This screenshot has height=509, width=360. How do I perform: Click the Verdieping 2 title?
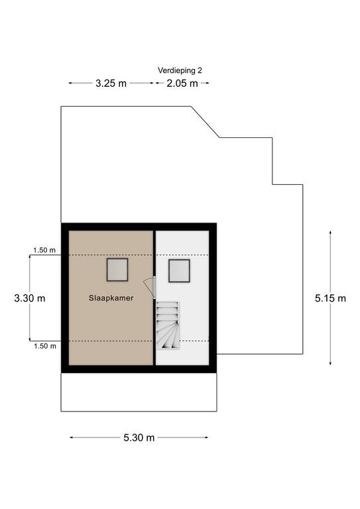coord(180,70)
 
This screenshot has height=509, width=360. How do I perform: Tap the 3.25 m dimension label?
coord(111,84)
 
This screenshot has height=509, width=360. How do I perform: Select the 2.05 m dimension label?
coord(182,84)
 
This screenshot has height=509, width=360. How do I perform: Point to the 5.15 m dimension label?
coord(330,298)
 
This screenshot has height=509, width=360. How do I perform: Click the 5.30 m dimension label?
coord(139,437)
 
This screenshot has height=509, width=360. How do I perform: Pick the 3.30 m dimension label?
coord(30,298)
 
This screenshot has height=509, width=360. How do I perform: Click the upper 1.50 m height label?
coord(44,250)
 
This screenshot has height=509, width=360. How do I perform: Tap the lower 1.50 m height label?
coord(45,346)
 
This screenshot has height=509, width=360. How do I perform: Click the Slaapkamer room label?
coord(111,298)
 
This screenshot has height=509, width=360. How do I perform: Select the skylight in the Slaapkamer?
coord(117,270)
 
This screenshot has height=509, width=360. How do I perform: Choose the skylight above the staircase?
coord(179,270)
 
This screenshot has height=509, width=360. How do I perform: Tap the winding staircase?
coord(168,325)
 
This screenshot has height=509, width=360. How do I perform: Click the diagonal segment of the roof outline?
coord(205,122)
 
